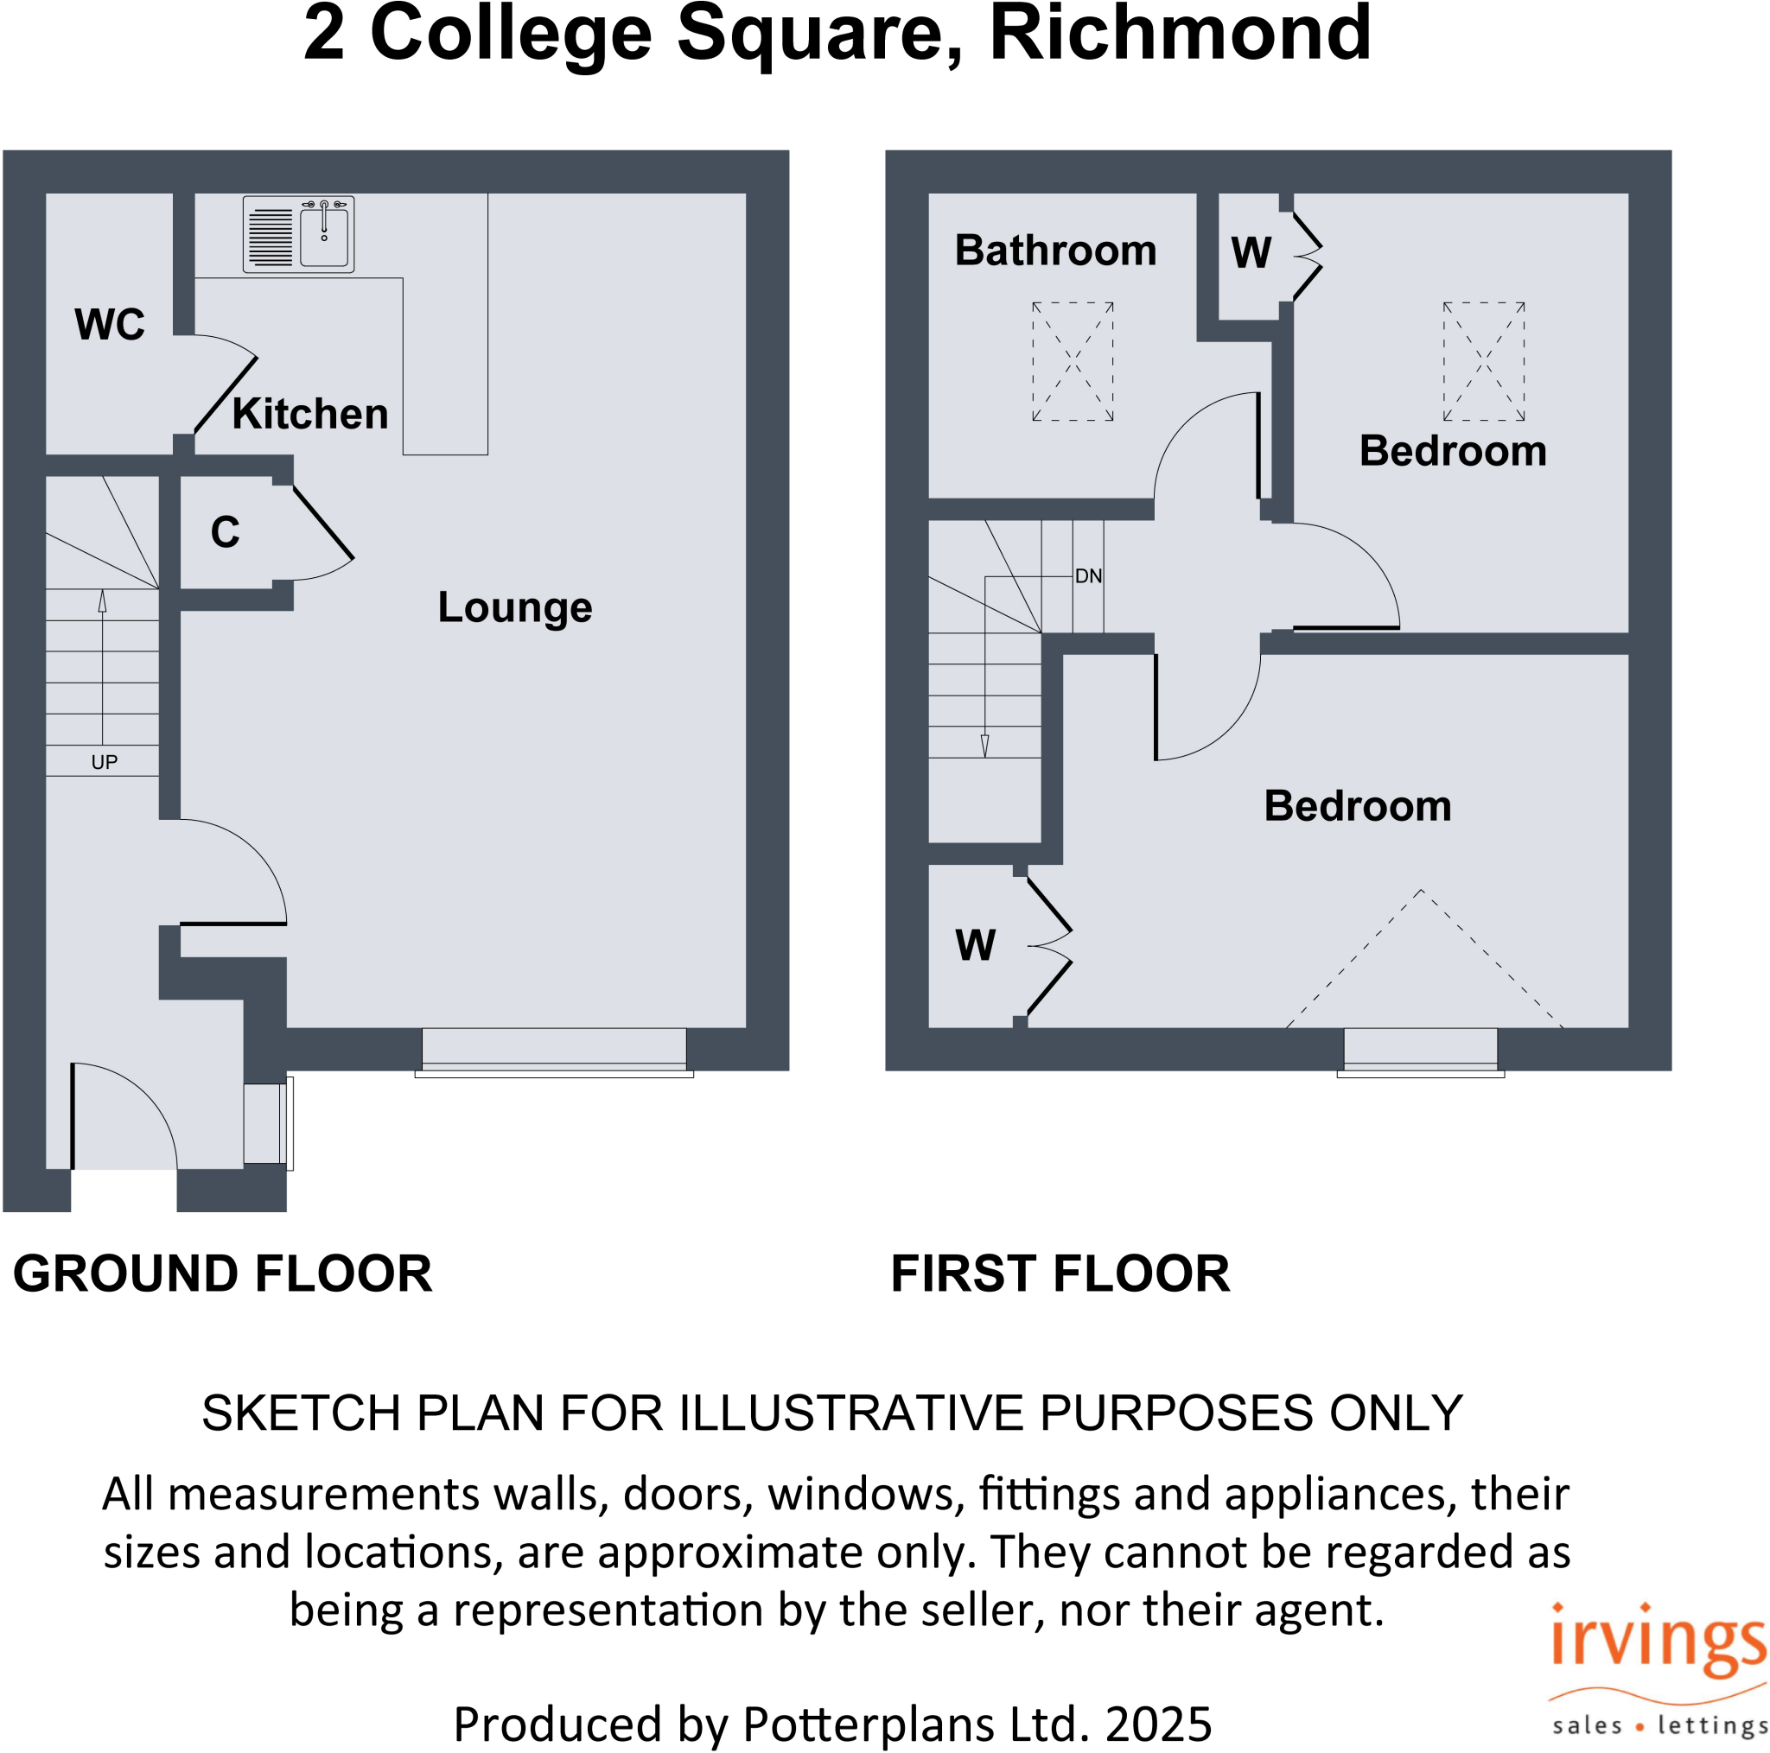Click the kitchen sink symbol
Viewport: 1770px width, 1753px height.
coord(299,234)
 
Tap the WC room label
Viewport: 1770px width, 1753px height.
coord(110,325)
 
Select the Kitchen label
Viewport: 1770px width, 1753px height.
coord(309,414)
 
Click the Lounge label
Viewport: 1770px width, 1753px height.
coord(515,607)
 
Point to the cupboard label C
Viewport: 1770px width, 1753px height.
coord(226,532)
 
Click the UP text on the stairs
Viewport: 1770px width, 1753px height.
coord(105,762)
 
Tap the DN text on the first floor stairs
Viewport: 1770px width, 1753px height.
coord(1088,576)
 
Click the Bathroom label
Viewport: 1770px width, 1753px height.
coord(1055,251)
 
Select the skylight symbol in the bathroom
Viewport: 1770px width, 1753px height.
coord(1073,362)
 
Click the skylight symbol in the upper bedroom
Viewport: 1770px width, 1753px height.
coord(1484,362)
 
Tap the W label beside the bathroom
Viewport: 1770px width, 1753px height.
coord(1251,253)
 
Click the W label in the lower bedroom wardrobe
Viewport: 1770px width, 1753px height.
coord(975,945)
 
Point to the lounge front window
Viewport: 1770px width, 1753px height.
coord(554,1051)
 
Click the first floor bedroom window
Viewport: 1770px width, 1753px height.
coord(1420,1051)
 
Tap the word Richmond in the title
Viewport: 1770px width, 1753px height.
coord(1180,35)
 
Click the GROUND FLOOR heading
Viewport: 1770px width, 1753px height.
coord(223,1274)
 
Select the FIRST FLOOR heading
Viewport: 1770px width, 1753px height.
coord(1060,1274)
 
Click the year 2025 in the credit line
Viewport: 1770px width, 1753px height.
coord(1158,1724)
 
